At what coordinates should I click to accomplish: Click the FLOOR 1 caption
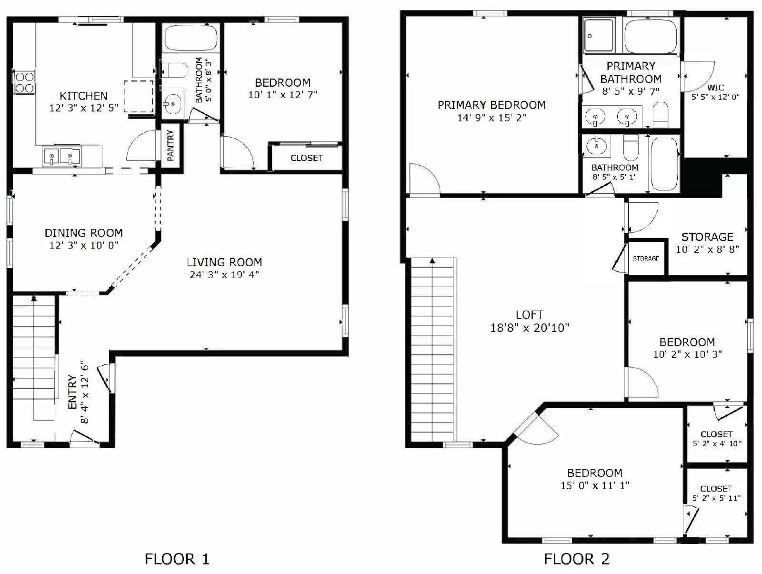click(177, 559)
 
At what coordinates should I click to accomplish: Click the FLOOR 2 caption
click(576, 559)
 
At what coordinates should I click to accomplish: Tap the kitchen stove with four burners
click(24, 82)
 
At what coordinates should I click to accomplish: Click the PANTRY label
click(170, 145)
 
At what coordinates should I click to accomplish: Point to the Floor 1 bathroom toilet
click(172, 70)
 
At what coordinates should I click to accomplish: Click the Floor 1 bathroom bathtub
click(190, 38)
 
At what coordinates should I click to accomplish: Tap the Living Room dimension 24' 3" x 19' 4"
click(224, 275)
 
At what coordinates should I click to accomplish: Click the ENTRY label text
click(72, 392)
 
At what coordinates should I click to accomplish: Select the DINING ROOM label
click(84, 233)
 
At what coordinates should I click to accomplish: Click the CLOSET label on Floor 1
click(306, 158)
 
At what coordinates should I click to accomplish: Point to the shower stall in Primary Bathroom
click(599, 35)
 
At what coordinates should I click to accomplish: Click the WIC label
click(715, 88)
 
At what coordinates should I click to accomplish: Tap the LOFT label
click(529, 315)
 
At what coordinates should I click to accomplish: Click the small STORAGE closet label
click(646, 259)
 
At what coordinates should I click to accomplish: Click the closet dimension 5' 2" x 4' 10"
click(717, 443)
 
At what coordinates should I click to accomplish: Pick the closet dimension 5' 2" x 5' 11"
click(716, 498)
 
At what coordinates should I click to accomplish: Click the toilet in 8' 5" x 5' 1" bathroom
click(631, 148)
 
